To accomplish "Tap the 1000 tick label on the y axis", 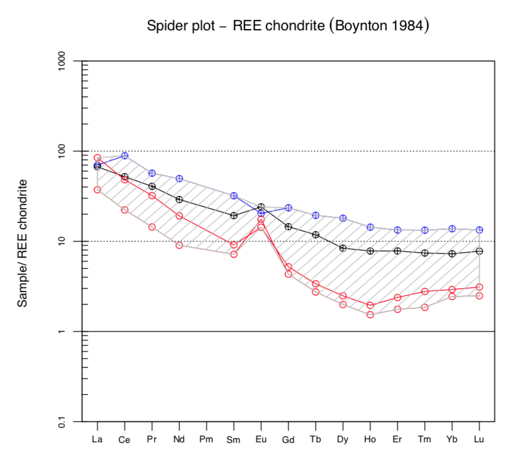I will click(62, 61).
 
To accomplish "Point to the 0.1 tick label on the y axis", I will click(62, 421).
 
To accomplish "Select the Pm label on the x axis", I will click(207, 440).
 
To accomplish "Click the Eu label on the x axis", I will click(261, 440).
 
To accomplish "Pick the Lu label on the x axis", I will click(479, 440).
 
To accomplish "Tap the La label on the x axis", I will click(97, 440).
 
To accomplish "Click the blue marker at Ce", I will click(125, 156).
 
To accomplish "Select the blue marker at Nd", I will click(179, 179).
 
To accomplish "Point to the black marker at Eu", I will click(261, 206).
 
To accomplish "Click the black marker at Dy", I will click(343, 248).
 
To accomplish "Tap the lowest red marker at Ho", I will click(370, 314).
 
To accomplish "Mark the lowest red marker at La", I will click(97, 190).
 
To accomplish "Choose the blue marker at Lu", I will click(479, 230).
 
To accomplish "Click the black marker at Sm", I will click(234, 216).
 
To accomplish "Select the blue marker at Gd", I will click(288, 208).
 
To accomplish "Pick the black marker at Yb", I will click(452, 253).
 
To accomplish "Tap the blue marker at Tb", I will click(315, 216).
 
